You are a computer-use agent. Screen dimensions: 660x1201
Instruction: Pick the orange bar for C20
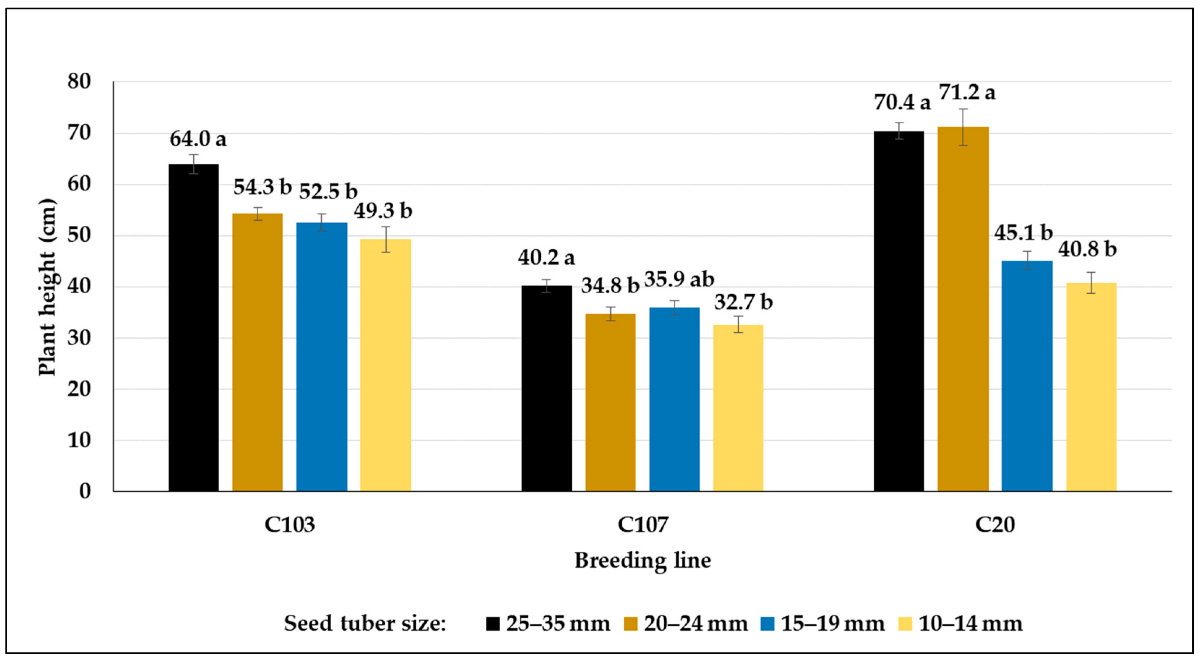pyautogui.click(x=963, y=309)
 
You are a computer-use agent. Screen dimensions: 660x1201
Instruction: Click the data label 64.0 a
pyautogui.click(x=198, y=139)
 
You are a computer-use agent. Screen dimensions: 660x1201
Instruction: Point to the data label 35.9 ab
pyautogui.click(x=679, y=279)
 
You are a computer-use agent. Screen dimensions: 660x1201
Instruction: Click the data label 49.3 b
pyautogui.click(x=383, y=211)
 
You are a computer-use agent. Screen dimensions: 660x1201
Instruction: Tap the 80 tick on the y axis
pyautogui.click(x=79, y=82)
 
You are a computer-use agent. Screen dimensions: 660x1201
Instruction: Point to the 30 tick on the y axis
pyautogui.click(x=79, y=338)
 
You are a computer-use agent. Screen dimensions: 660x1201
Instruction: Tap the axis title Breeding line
pyautogui.click(x=643, y=560)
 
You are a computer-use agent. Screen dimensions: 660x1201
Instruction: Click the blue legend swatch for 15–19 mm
pyautogui.click(x=768, y=624)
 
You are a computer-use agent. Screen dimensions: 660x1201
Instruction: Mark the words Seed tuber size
pyautogui.click(x=365, y=624)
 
